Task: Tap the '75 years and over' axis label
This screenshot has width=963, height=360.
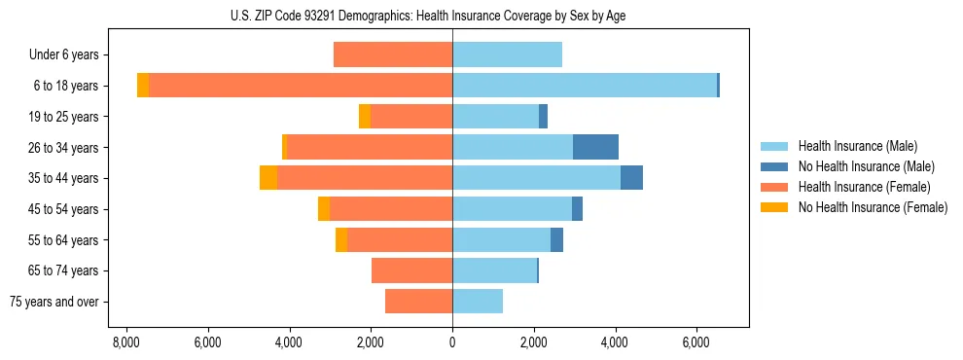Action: click(x=53, y=302)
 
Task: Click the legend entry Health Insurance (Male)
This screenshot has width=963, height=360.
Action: click(x=857, y=146)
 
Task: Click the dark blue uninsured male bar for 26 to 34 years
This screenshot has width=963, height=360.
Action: click(x=595, y=147)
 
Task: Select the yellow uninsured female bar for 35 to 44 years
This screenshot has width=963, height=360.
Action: click(x=268, y=178)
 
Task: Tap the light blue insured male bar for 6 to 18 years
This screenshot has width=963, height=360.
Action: click(x=584, y=86)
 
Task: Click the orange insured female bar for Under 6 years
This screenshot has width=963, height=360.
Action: click(x=393, y=54)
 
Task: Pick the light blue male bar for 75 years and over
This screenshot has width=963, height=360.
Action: click(x=478, y=302)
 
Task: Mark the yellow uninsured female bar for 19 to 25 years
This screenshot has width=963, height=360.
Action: click(x=365, y=116)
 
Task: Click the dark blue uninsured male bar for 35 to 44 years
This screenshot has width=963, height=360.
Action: click(x=631, y=178)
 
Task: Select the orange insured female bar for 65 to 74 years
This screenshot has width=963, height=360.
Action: click(x=411, y=270)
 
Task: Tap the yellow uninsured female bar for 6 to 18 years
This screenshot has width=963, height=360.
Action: click(x=143, y=86)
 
